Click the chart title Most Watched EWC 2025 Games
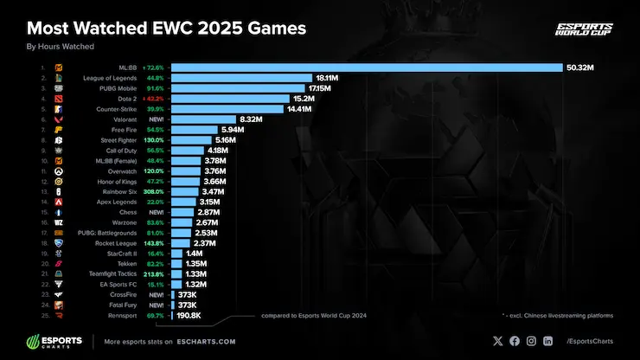pyautogui.click(x=166, y=29)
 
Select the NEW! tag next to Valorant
pyautogui.click(x=157, y=119)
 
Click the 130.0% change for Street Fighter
pyautogui.click(x=156, y=140)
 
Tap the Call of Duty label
pyautogui.click(x=134, y=151)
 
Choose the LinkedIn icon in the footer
pyautogui.click(x=548, y=341)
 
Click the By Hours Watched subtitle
pyautogui.click(x=60, y=46)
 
